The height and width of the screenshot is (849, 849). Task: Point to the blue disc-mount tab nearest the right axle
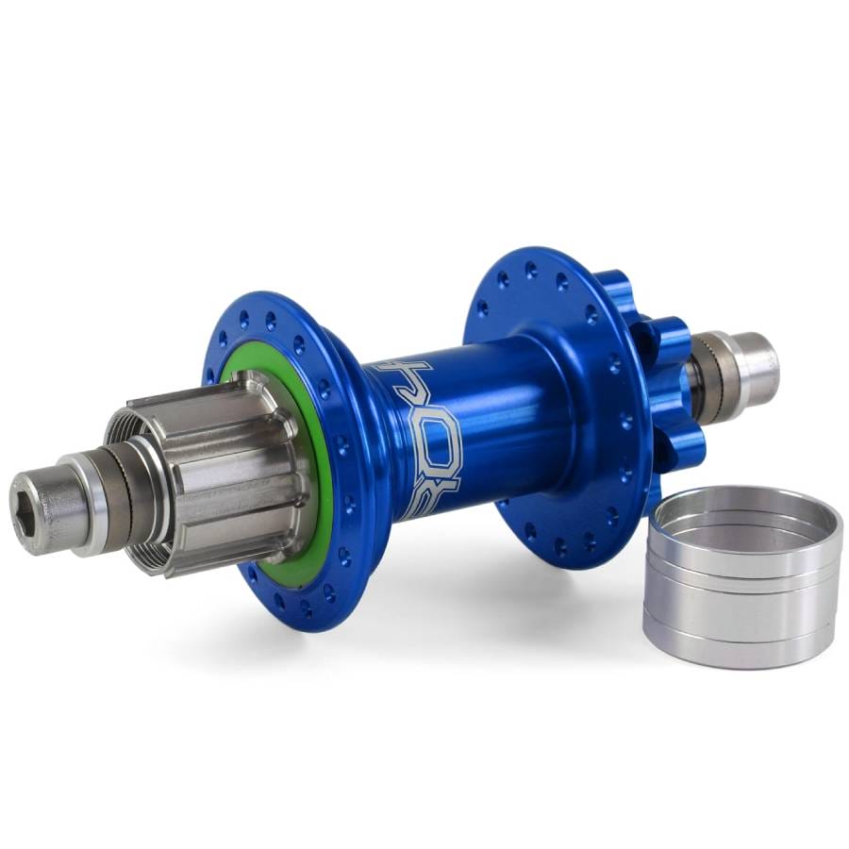coord(674,340)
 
